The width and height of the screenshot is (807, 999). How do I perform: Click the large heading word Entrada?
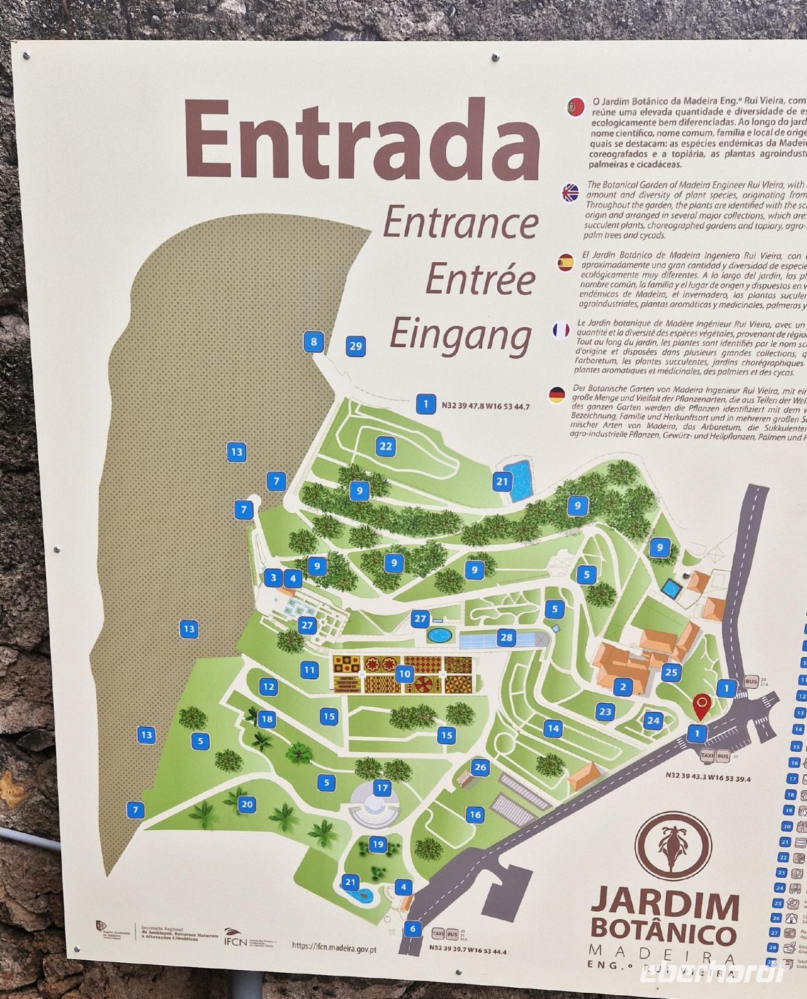tap(361, 140)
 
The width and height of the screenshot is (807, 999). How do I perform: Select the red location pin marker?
tap(703, 707)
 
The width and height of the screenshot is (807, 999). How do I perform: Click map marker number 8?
tap(314, 342)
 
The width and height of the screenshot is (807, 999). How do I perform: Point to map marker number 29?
tap(355, 346)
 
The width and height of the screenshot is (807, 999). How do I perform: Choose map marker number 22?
tap(385, 446)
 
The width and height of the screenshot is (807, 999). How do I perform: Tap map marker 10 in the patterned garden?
tap(404, 673)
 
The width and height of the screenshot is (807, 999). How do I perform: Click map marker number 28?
tap(506, 637)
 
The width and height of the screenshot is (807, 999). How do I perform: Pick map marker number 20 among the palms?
tap(247, 804)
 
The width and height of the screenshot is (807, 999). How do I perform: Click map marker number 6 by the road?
tap(412, 928)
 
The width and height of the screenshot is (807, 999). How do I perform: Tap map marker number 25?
tap(671, 672)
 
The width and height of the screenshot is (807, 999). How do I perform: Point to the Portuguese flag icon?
tap(574, 107)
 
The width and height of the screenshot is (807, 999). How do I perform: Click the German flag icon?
tap(557, 395)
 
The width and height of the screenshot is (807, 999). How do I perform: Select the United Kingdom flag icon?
tap(571, 192)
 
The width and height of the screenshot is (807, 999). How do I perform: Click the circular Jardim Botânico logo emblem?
tap(673, 848)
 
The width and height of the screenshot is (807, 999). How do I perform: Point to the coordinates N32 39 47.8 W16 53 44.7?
tap(485, 406)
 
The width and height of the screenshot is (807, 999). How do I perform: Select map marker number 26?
tap(480, 767)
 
